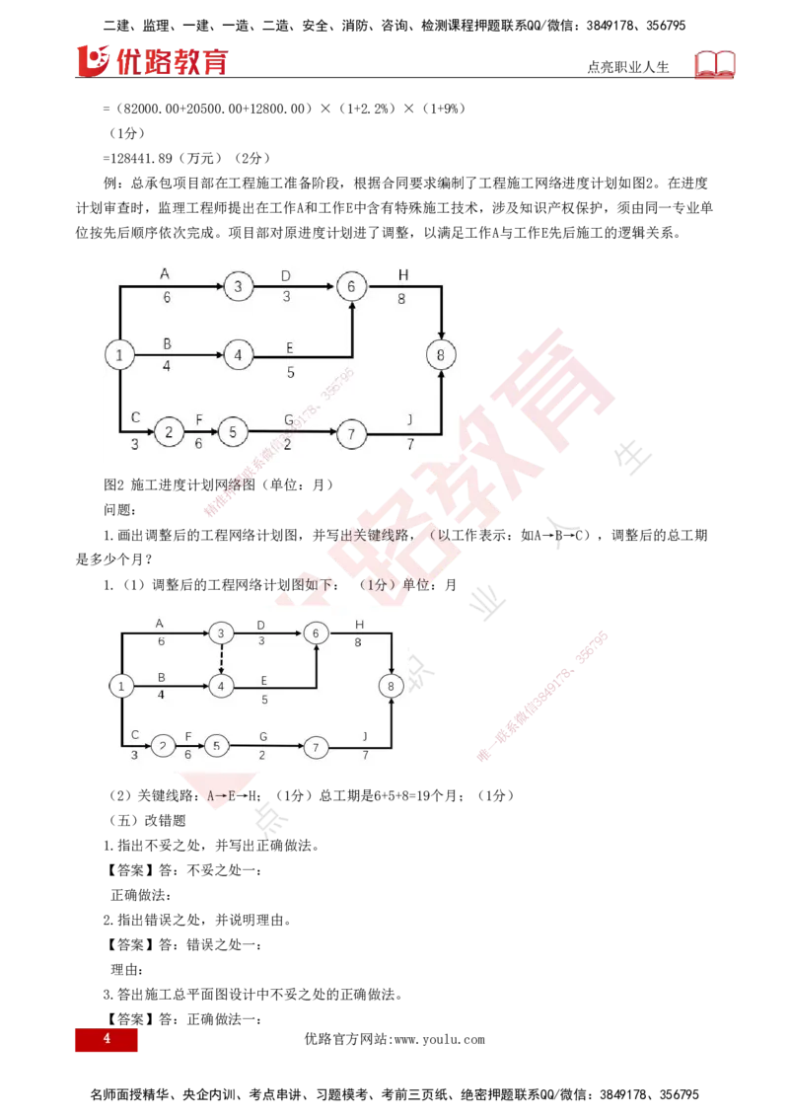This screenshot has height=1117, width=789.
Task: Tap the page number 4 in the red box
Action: (x=106, y=1040)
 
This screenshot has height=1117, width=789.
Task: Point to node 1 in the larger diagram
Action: (x=119, y=353)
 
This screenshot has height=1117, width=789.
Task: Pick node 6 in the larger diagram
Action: (x=351, y=286)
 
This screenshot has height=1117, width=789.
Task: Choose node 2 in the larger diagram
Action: (x=169, y=431)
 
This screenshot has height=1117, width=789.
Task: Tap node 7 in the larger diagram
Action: (x=351, y=431)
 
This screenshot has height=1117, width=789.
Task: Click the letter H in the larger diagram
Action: (x=402, y=273)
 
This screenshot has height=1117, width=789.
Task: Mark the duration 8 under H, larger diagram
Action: (x=402, y=298)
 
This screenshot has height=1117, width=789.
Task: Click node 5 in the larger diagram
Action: (x=233, y=431)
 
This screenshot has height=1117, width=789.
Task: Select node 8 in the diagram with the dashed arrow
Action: (x=392, y=685)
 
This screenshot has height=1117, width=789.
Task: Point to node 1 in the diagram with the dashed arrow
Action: (x=119, y=685)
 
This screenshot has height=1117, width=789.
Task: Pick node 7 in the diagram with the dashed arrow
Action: (x=315, y=747)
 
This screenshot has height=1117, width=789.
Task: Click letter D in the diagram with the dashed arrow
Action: (x=260, y=625)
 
